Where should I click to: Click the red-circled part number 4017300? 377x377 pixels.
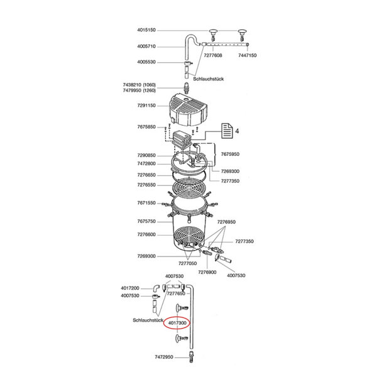[x=177, y=323]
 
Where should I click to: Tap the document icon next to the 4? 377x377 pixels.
[x=227, y=131]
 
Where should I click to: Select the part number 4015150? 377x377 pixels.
[x=146, y=30]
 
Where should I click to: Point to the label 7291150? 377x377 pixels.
[x=146, y=106]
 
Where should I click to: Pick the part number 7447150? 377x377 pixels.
[x=248, y=55]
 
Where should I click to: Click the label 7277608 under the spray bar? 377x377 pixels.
[x=213, y=55]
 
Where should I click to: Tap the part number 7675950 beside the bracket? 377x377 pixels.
[x=230, y=154]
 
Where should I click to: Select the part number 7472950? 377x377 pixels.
[x=164, y=357]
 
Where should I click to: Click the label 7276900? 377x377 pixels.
[x=207, y=272]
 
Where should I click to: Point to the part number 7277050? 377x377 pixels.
[x=187, y=263]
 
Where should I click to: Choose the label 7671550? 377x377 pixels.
[x=146, y=203]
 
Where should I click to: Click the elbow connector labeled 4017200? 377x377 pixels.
[x=156, y=288]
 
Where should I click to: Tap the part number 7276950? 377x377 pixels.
[x=226, y=222]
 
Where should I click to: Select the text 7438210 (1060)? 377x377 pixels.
[x=139, y=85]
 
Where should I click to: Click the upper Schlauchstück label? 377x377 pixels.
[x=209, y=79]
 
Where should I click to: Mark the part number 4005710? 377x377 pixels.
[x=146, y=46]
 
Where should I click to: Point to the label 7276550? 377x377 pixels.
[x=146, y=185]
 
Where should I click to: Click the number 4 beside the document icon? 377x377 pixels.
[x=237, y=131]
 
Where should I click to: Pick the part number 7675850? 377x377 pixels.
[x=146, y=127]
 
